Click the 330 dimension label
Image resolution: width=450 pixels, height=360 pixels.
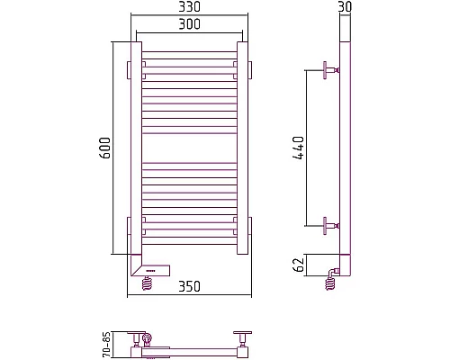click(x=189, y=7)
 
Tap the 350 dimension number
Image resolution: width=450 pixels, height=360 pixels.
click(x=189, y=286)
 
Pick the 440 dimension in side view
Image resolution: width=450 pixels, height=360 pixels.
click(x=300, y=147)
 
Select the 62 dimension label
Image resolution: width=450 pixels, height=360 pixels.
click(x=300, y=265)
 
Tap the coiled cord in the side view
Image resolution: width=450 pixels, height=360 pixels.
click(x=331, y=283)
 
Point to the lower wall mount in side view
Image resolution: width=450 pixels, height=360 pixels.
click(x=328, y=223)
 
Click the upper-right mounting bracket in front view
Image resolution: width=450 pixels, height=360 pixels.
click(x=245, y=68)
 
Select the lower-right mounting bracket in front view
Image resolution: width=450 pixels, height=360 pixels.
click(x=245, y=223)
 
